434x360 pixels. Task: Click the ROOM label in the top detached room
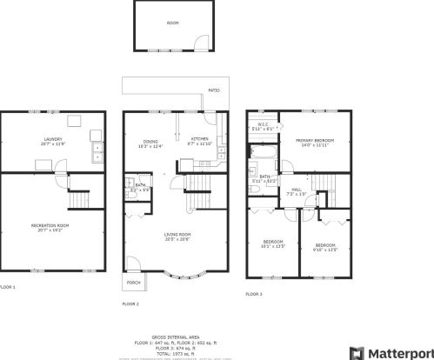point(172,23)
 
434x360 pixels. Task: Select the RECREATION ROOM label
point(50,226)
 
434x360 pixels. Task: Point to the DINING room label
point(150,141)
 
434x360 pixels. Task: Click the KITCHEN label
point(199,139)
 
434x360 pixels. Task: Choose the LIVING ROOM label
point(177,235)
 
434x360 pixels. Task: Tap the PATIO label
point(214,90)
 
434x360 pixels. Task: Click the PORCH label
point(134,283)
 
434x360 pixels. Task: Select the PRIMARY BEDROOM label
point(314,140)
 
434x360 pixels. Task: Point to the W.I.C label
point(263,124)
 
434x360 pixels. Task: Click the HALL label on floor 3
point(297,189)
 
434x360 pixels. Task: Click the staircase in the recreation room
point(79,198)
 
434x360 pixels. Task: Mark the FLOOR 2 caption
point(130,304)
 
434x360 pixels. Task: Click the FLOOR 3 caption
point(253,295)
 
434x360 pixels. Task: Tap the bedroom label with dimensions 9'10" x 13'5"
point(325,246)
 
